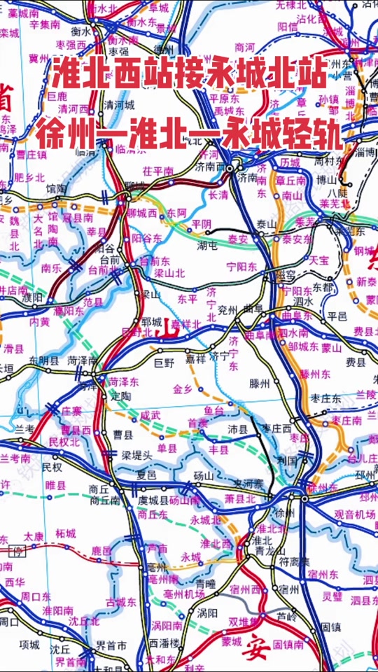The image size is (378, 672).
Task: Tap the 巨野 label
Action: [163, 363]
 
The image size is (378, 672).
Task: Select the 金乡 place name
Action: [182, 388]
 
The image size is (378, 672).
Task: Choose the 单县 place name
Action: [166, 448]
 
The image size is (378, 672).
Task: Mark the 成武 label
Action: [150, 415]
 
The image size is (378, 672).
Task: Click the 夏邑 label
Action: [146, 474]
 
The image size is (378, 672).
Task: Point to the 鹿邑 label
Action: [102, 552]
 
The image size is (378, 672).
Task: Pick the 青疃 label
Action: [206, 582]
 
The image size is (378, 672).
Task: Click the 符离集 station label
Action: [294, 561]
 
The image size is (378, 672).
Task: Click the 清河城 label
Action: [118, 104]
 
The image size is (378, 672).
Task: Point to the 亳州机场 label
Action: [184, 594]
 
